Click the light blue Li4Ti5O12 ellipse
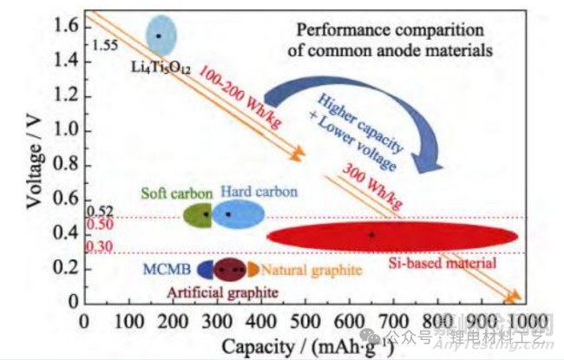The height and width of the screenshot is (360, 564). click(160, 36)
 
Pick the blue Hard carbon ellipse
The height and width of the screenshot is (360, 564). click(232, 213)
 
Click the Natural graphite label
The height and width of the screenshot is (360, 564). click(312, 271)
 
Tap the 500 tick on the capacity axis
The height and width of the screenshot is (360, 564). click(305, 320)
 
